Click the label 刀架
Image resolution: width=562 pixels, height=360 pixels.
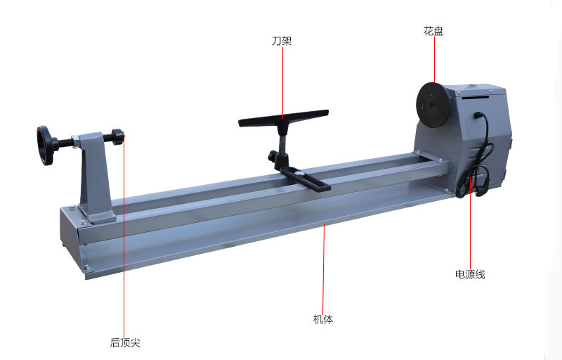pyautogui.click(x=282, y=41)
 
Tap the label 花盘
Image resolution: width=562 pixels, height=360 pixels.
pyautogui.click(x=433, y=31)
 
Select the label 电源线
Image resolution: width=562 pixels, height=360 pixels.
pyautogui.click(x=470, y=274)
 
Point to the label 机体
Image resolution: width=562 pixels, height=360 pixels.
pyautogui.click(x=323, y=319)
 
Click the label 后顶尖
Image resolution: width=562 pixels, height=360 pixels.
pyautogui.click(x=125, y=342)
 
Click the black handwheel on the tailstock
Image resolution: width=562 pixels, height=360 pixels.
pyautogui.click(x=46, y=146)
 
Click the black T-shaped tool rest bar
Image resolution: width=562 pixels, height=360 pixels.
pyautogui.click(x=283, y=118)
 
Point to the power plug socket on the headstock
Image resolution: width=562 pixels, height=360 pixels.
pyautogui.click(x=478, y=115)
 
